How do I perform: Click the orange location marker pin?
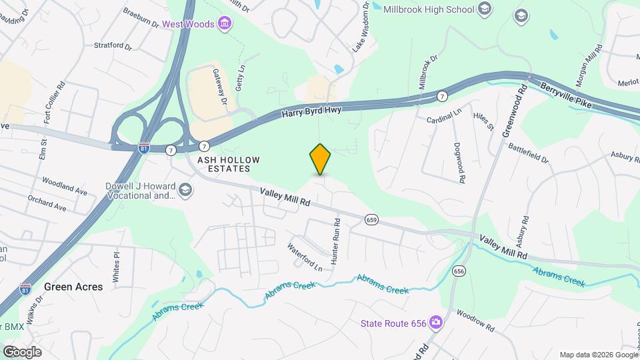pyautogui.click(x=321, y=159)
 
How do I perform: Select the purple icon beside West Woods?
pyautogui.click(x=225, y=25)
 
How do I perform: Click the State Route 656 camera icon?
pyautogui.click(x=436, y=323)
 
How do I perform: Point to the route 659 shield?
pyautogui.click(x=372, y=219)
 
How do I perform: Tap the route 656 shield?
pyautogui.click(x=458, y=271)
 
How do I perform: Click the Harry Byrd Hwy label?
pyautogui.click(x=311, y=111)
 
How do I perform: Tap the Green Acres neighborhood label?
pyautogui.click(x=73, y=287)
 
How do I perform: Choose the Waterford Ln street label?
pyautogui.click(x=305, y=257)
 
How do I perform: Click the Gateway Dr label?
pyautogui.click(x=220, y=86)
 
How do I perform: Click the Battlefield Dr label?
pyautogui.click(x=528, y=154)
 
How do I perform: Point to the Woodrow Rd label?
pyautogui.click(x=475, y=320)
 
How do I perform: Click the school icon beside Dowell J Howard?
pyautogui.click(x=185, y=192)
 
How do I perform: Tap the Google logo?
pyautogui.click(x=22, y=351)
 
